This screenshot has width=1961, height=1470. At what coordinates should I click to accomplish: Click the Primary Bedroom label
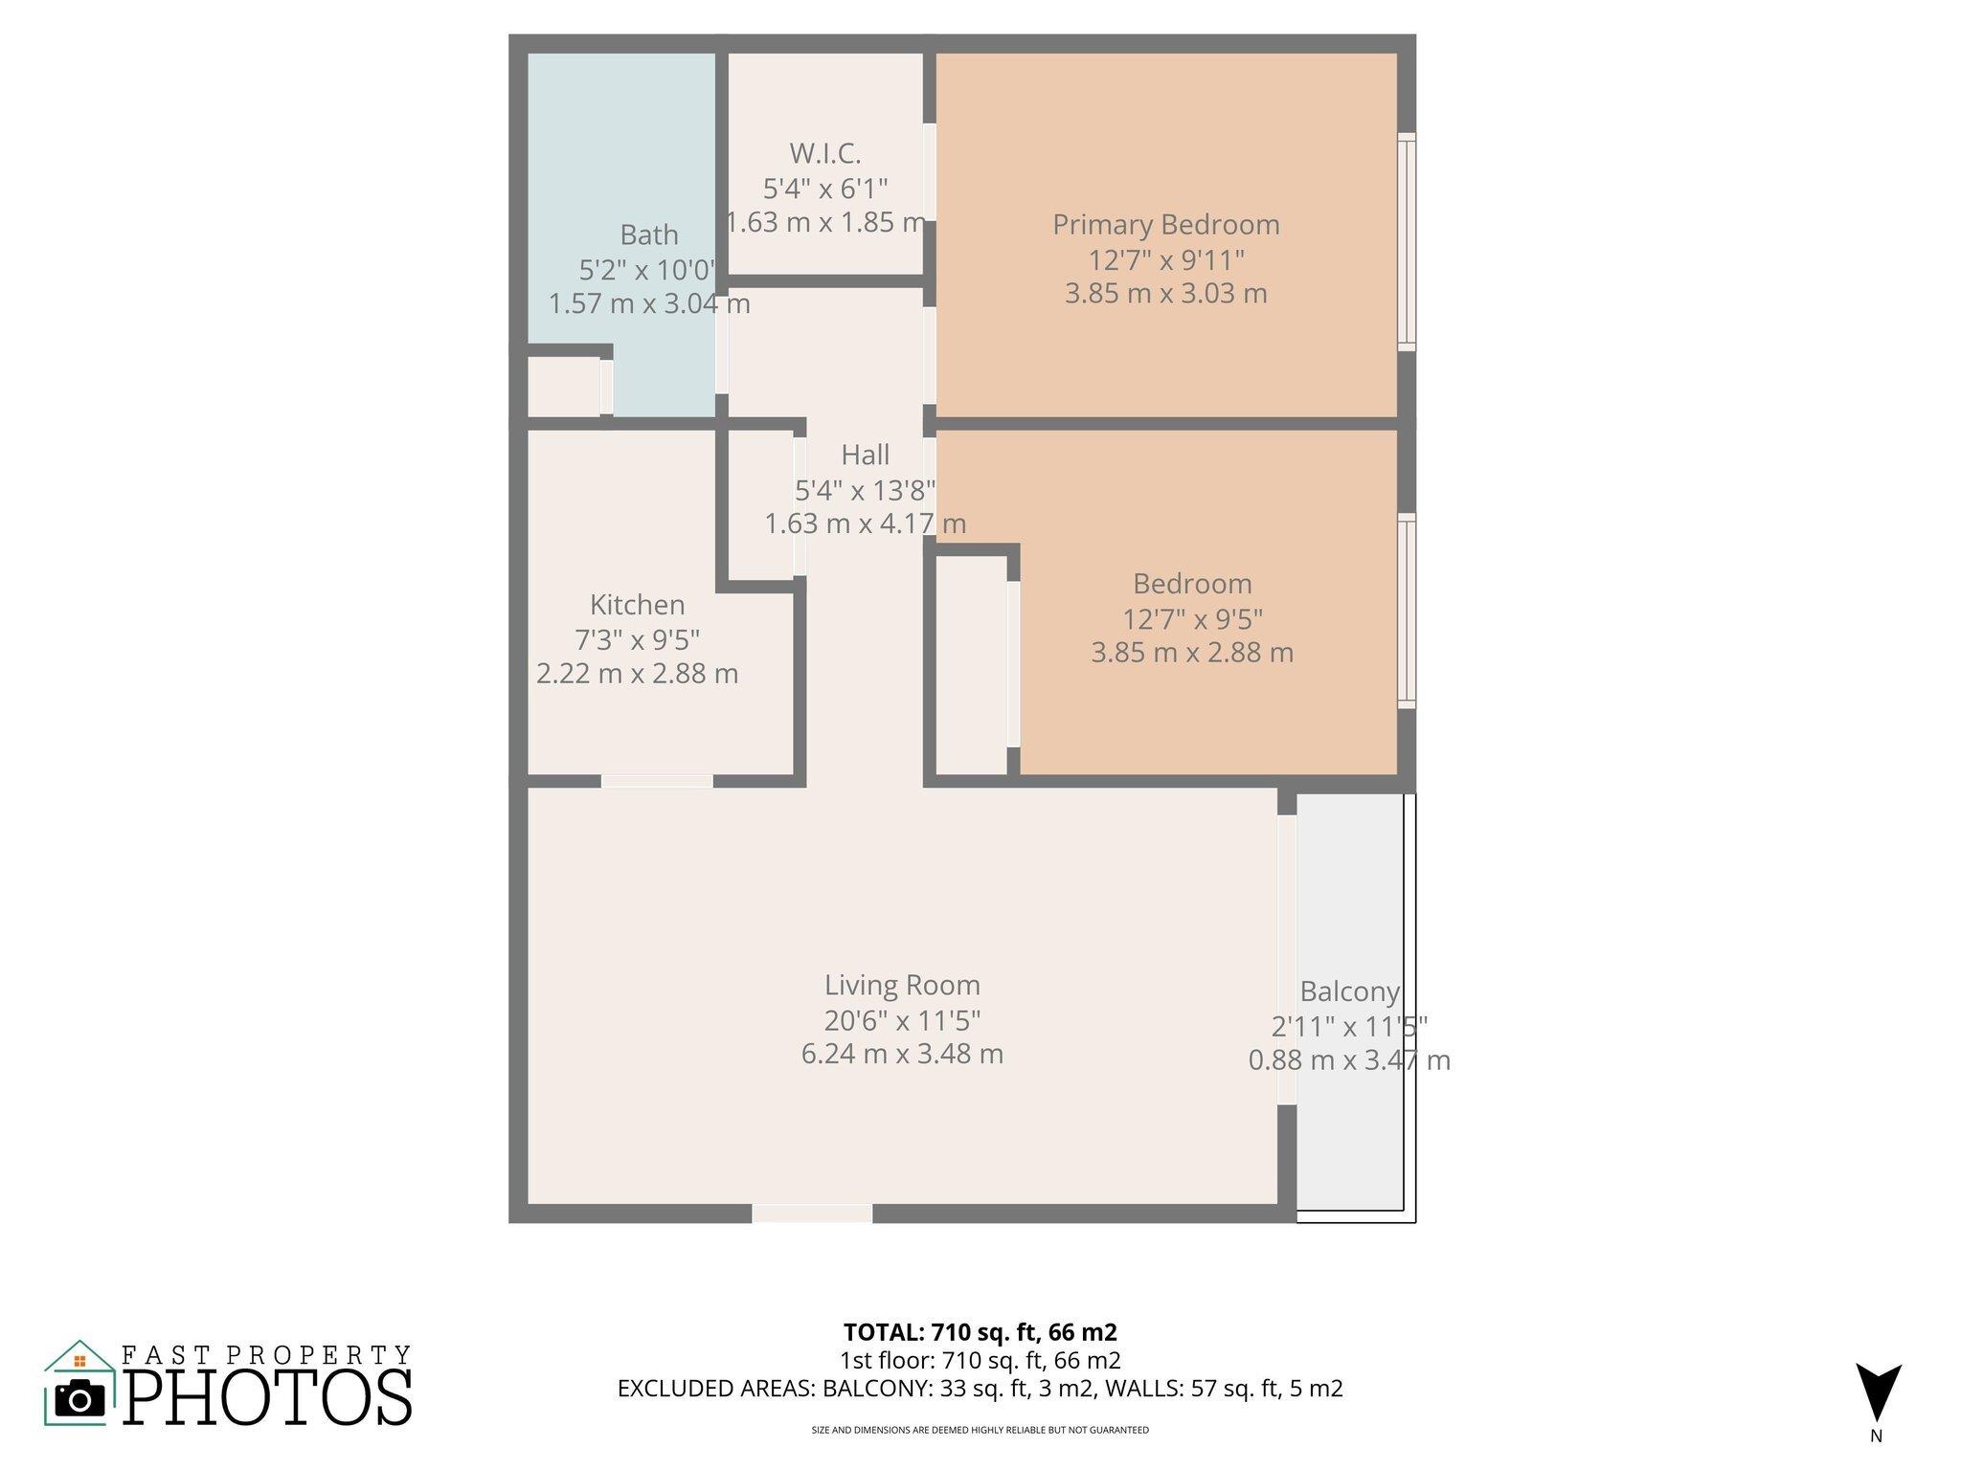tap(1165, 225)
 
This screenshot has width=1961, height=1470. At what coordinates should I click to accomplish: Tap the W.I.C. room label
tap(825, 153)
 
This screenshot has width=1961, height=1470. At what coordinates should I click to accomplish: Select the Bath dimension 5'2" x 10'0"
tap(648, 270)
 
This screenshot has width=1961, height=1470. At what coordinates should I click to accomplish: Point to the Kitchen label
tap(637, 605)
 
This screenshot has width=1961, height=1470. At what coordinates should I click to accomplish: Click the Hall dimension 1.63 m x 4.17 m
tap(865, 523)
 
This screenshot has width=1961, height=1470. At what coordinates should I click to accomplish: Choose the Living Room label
tap(902, 985)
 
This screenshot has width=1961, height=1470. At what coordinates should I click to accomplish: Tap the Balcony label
tap(1349, 991)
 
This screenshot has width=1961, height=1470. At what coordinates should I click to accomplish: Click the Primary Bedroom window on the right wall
tap(1406, 240)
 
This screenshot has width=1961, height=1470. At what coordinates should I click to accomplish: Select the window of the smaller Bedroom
tap(1406, 611)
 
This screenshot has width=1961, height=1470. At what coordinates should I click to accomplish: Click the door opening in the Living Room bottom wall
tap(811, 1214)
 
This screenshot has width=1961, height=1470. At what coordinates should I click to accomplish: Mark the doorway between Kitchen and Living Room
tap(657, 781)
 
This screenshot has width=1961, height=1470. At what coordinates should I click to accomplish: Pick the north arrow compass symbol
tap(1878, 1393)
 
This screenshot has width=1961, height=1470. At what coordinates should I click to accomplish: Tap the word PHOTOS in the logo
tap(267, 1398)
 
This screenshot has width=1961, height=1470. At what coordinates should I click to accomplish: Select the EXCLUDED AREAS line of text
tap(980, 1388)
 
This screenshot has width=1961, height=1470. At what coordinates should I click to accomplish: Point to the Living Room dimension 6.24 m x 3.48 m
tap(902, 1054)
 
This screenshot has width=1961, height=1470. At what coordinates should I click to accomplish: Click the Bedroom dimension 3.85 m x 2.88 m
tap(1191, 653)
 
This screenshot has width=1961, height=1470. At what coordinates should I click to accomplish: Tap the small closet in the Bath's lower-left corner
tap(564, 387)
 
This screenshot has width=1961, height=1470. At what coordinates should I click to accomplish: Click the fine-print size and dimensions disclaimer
tap(980, 1430)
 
